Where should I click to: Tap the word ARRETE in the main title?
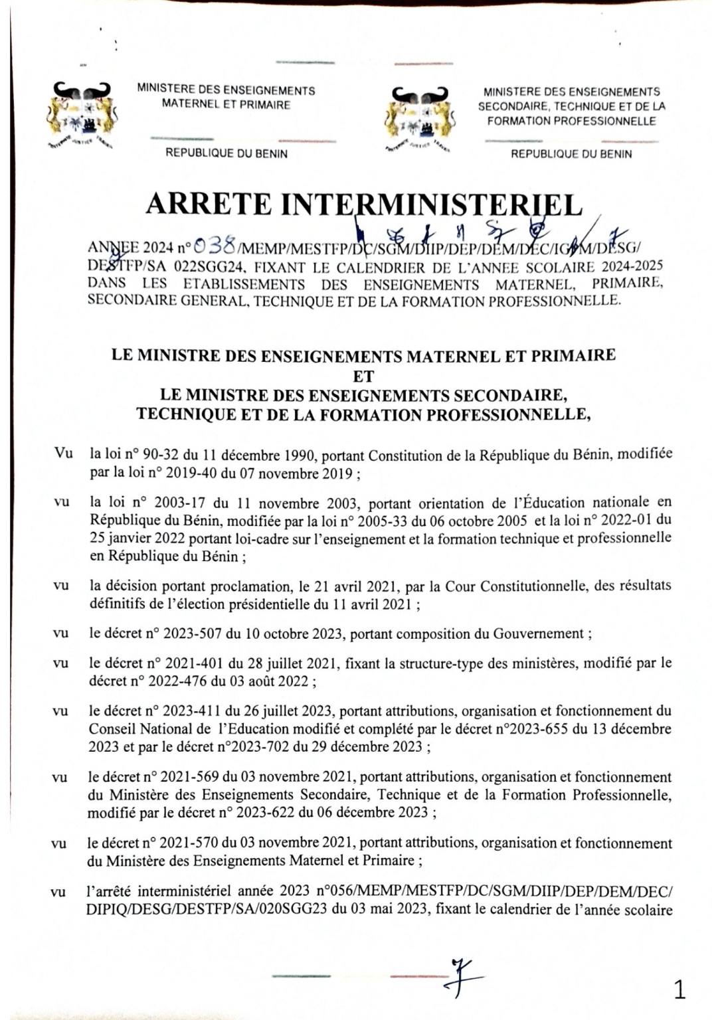(x=208, y=205)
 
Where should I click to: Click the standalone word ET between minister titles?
(x=363, y=376)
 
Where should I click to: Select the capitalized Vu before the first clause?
(x=63, y=453)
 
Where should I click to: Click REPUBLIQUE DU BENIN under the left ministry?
(x=226, y=153)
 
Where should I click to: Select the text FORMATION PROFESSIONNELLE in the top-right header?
(x=571, y=121)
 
